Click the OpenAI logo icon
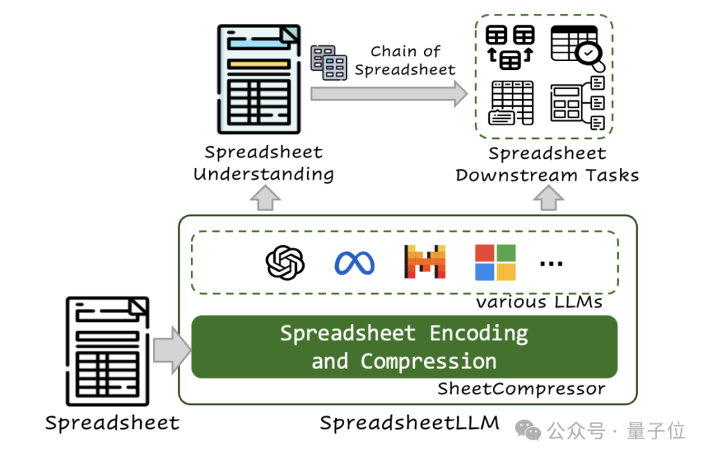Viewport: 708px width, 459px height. [285, 263]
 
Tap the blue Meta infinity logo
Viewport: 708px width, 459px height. [354, 264]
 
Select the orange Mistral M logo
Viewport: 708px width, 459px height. [425, 262]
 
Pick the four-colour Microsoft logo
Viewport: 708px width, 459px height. [496, 262]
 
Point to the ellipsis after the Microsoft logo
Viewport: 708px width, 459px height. [551, 264]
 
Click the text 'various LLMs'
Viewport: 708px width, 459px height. [539, 302]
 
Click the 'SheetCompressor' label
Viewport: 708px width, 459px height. [521, 389]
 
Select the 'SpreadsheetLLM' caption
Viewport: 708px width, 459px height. [410, 423]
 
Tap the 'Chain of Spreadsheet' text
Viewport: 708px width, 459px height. [405, 60]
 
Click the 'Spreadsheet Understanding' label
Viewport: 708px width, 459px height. [264, 163]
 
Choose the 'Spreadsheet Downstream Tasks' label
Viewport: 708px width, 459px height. [547, 164]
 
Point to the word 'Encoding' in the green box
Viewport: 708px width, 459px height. [479, 333]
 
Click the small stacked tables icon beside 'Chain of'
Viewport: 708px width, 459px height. [328, 63]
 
